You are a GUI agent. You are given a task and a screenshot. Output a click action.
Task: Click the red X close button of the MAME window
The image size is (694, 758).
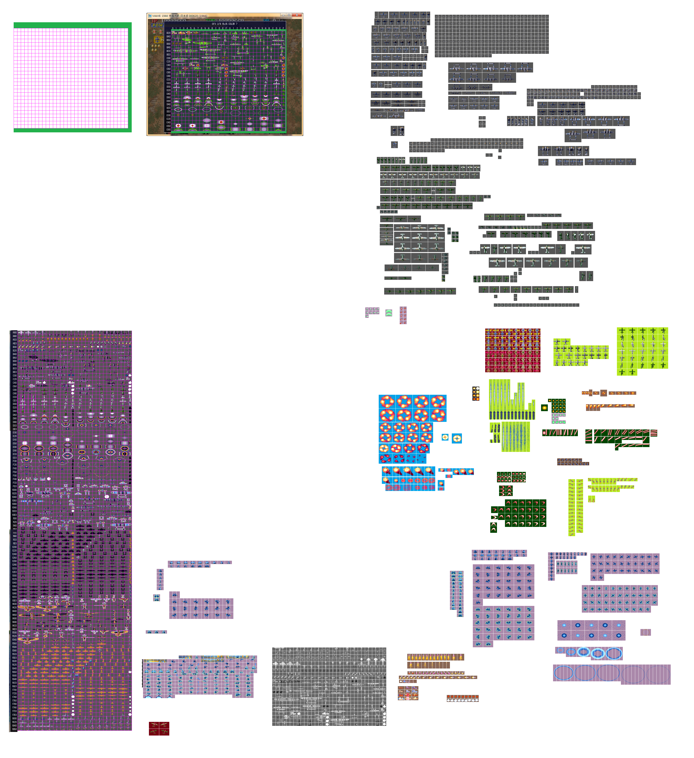pyautogui.click(x=297, y=15)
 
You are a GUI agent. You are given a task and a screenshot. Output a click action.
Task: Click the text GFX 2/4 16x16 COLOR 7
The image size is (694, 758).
pyautogui.click(x=225, y=24)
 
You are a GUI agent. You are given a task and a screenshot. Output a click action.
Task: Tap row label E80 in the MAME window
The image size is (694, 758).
pyautogui.click(x=168, y=130)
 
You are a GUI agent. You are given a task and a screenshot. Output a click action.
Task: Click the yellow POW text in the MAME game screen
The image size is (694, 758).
pyautogui.click(x=158, y=25)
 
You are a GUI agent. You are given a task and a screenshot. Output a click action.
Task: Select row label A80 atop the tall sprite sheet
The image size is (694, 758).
pyautogui.click(x=14, y=332)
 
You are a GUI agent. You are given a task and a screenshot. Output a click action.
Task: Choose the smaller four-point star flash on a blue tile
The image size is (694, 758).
pyautogui.click(x=445, y=437)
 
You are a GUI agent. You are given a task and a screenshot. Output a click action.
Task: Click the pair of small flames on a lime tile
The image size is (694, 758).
pyautogui.click(x=591, y=500)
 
